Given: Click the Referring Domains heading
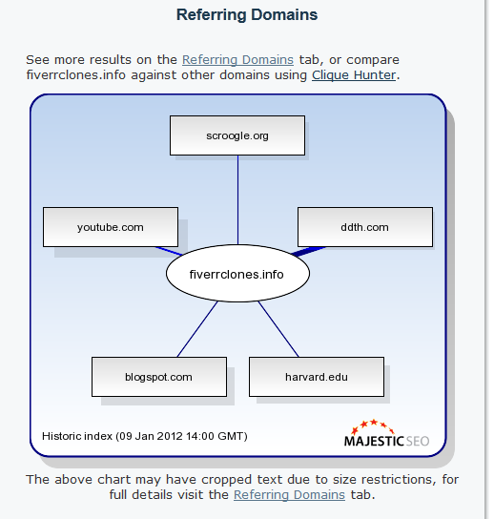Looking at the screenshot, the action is coord(247,15).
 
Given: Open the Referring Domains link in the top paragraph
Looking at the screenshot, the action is coord(237,60).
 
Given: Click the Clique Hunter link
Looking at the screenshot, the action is coord(354,75).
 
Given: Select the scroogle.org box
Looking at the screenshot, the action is coord(237,135).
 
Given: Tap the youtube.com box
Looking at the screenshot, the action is coord(111,227).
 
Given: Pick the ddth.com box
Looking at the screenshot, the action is coord(365,227).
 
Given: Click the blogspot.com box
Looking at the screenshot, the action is coord(159,377).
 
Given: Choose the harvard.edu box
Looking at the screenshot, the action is coord(317,377).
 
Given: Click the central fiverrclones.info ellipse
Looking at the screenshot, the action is coord(237,274).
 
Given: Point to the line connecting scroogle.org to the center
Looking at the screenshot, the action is coord(237,200).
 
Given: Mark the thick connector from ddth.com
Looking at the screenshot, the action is coord(308,251).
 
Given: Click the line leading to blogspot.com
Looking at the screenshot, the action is coord(197,329).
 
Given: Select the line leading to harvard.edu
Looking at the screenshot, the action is coord(278,329).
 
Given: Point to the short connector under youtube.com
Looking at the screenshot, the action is coord(169,251).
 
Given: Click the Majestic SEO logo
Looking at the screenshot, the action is coord(386,433).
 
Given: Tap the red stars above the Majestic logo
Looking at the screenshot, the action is coord(372,426).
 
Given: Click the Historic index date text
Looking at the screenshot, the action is coord(145,436).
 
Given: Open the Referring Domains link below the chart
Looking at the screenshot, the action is coord(289,495).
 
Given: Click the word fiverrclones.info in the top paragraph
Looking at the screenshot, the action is coord(75,75).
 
